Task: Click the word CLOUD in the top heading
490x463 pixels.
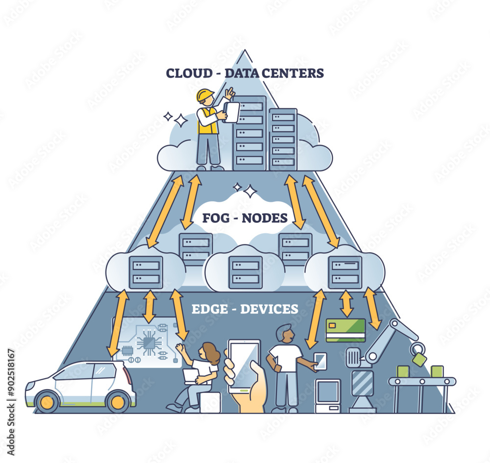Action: coord(186,73)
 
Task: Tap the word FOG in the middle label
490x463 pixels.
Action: coord(215,217)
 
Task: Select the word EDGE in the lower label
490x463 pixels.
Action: coord(207,309)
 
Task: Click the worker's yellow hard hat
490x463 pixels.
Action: coord(205,95)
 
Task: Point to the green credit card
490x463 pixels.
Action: coord(345,329)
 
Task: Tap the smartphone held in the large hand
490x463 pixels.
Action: coord(244,365)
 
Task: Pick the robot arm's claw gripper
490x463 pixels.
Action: coord(418,354)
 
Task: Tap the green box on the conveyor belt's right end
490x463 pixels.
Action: coord(437,371)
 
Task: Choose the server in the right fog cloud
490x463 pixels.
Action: coord(345,272)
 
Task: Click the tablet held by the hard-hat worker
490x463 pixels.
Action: coord(231,113)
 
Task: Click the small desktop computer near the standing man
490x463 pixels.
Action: coord(327,395)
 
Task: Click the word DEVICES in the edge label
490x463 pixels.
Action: coord(269,309)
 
